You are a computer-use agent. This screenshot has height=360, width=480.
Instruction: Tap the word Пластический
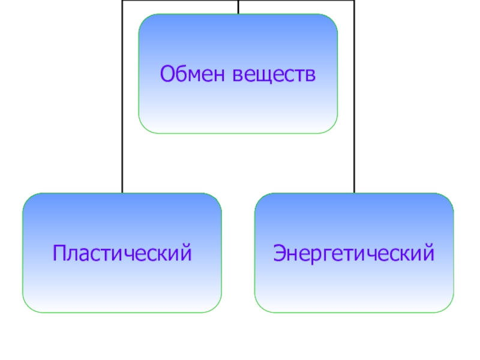[x=122, y=253]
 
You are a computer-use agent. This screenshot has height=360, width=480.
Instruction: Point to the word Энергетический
[x=354, y=253]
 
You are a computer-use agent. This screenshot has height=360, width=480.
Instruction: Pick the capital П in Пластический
[x=59, y=253]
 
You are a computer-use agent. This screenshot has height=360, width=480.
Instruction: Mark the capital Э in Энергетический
[x=280, y=253]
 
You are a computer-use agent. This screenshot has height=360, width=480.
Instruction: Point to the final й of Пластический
[x=187, y=253]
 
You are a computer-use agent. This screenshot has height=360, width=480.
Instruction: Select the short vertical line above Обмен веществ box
[x=238, y=7]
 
